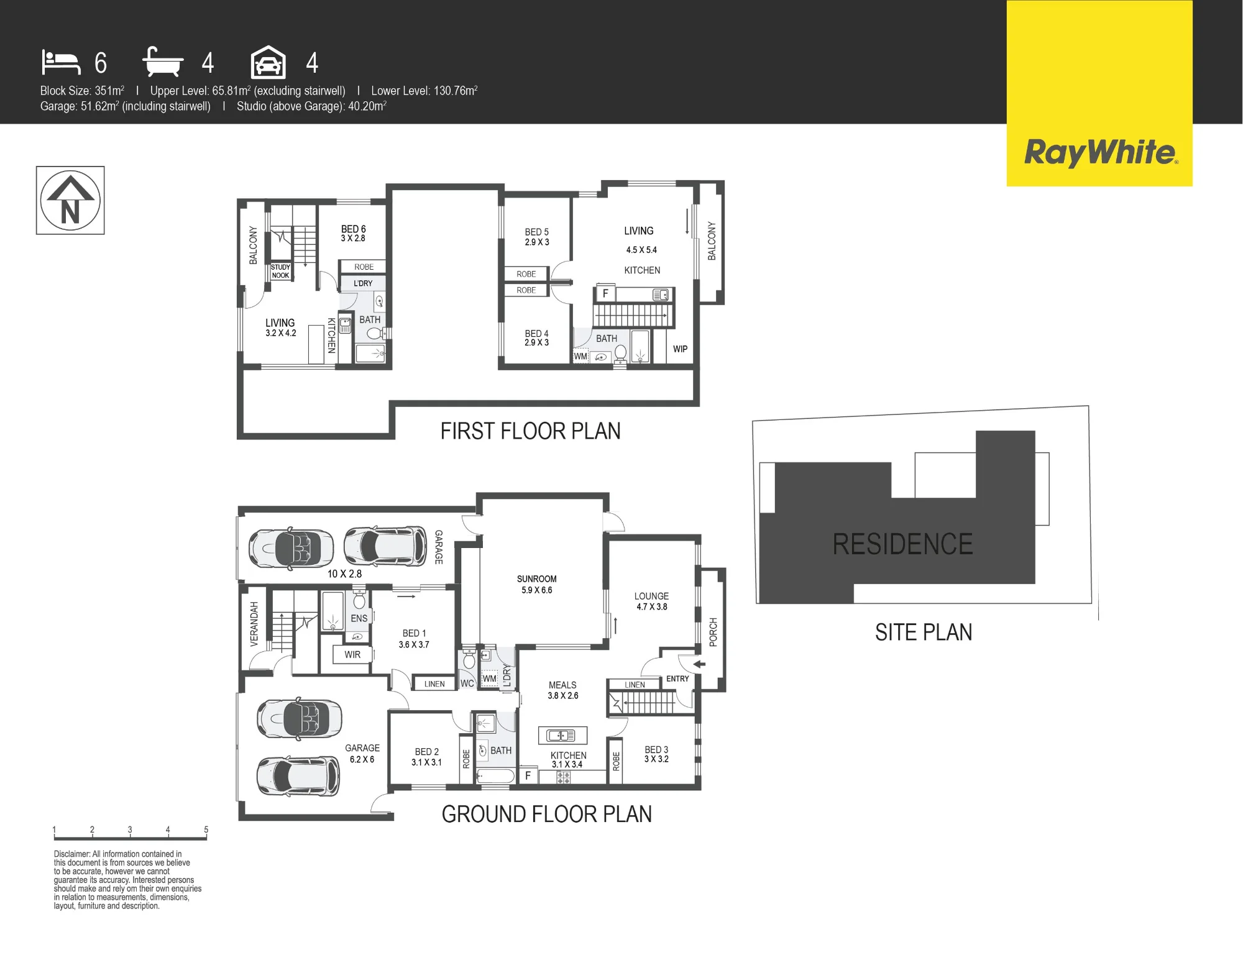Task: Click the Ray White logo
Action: (1100, 153)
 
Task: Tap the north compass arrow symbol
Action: (70, 200)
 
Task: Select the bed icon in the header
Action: (61, 62)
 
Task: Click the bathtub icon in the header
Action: (163, 62)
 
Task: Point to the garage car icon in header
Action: (268, 63)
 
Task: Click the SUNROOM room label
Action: (536, 579)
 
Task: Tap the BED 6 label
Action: (353, 229)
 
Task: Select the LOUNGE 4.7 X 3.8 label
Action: (651, 601)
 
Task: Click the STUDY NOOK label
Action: (280, 271)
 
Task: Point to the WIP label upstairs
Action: (680, 349)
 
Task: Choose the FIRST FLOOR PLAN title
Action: (530, 431)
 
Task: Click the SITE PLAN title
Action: (924, 633)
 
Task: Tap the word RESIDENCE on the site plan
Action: (902, 544)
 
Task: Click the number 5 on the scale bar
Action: (206, 830)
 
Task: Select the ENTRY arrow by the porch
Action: (699, 664)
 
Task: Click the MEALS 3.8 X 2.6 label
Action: (562, 690)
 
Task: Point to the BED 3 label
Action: (656, 750)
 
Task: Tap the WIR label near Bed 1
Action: (352, 655)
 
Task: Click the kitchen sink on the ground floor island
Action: (561, 736)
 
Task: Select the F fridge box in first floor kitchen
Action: (605, 294)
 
